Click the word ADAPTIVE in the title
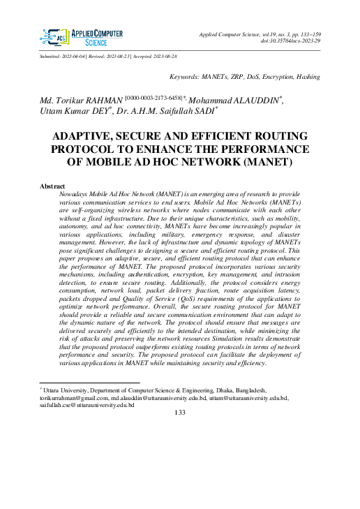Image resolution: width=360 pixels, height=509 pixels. click(x=99, y=138)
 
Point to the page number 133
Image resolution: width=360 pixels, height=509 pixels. click(x=179, y=413)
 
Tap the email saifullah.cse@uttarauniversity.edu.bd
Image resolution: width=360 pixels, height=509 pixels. click(x=87, y=404)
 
